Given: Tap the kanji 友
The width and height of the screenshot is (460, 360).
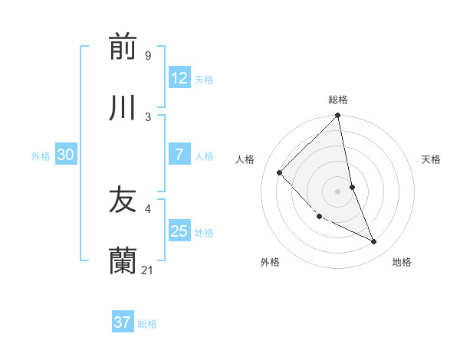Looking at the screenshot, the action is [123, 200].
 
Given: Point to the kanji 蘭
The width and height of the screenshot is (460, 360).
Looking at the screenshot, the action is [123, 261].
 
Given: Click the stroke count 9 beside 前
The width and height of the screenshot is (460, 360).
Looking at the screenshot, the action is [148, 55].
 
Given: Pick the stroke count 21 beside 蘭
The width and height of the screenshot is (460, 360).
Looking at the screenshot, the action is [148, 270].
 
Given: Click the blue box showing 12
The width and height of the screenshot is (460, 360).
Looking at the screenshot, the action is [179, 78].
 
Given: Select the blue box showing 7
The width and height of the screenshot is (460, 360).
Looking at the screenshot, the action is [179, 155].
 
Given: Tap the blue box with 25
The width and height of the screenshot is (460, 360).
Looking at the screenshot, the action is [179, 231].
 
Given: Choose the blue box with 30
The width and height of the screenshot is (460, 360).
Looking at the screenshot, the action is [66, 155].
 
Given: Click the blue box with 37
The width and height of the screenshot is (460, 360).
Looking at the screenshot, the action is [123, 322].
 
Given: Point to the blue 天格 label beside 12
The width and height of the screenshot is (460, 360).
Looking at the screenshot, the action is [204, 80].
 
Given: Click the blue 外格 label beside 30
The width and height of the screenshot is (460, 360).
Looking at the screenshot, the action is [41, 156].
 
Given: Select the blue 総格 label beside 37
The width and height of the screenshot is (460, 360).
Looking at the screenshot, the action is [147, 324].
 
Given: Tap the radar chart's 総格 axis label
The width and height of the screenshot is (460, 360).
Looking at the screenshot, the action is [338, 100].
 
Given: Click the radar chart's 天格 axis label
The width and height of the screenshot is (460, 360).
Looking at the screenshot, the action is [431, 159].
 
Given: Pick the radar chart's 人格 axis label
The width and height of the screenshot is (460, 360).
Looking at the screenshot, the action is [245, 159].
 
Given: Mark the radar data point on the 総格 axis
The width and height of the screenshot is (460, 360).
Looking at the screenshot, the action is [338, 116].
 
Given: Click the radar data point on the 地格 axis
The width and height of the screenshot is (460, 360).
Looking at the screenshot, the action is [374, 242].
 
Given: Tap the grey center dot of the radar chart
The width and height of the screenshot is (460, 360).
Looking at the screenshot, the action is [338, 191].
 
